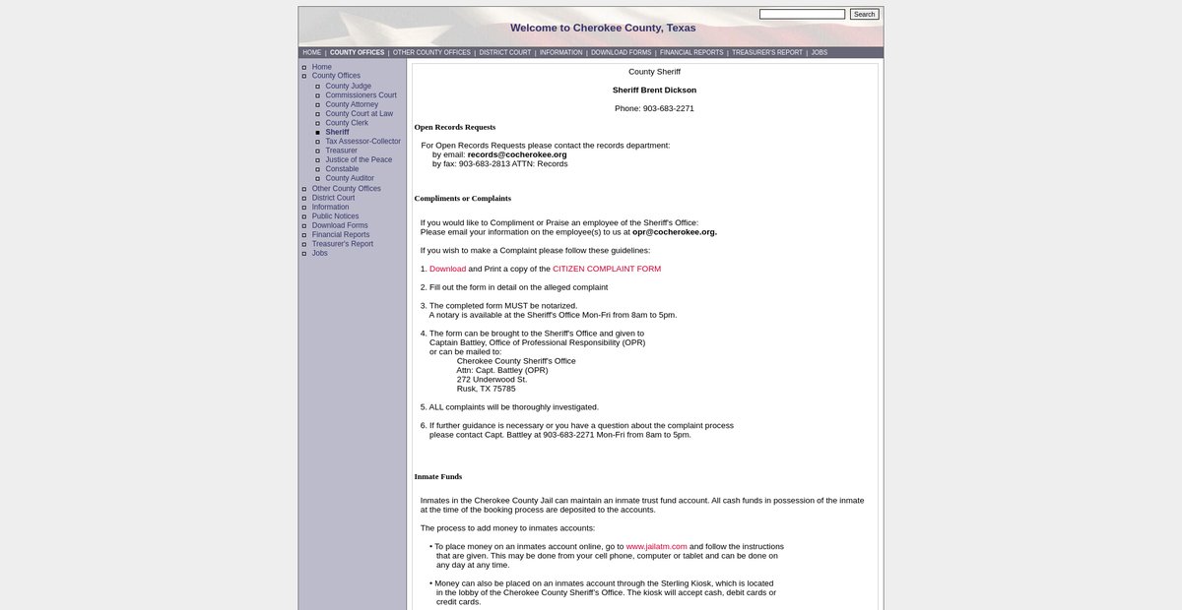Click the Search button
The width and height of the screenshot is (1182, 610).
point(864,14)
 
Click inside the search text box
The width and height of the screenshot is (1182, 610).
point(802,14)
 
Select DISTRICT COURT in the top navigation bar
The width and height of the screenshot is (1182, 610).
point(505,52)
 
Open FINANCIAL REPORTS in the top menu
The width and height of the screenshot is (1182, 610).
point(691,52)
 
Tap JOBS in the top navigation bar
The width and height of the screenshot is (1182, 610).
point(820,52)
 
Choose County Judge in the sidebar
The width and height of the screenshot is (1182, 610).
point(348,87)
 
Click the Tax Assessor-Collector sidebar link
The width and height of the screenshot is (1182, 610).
point(362,142)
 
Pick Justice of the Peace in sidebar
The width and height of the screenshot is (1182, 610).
point(359,160)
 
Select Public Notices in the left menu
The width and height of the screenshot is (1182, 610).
point(335,216)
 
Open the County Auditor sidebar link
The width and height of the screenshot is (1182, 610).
point(350,179)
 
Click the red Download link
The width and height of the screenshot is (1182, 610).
point(447,269)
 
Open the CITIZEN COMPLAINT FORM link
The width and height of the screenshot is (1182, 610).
point(607,269)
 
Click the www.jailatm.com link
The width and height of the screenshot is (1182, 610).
point(656,546)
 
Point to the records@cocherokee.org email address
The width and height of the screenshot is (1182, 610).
point(517,154)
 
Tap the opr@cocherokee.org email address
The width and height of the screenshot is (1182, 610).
point(674,232)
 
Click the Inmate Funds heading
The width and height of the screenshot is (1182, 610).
point(438,477)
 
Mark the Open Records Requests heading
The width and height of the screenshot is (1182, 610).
point(455,127)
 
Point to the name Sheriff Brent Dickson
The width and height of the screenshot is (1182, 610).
point(654,91)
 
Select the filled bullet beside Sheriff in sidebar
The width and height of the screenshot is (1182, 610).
point(317,133)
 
